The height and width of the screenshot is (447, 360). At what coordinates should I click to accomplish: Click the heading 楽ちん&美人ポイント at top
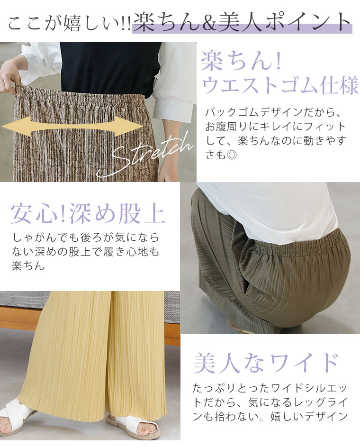pyautogui.click(x=242, y=22)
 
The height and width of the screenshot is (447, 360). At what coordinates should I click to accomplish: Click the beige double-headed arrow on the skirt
pyautogui.click(x=72, y=126)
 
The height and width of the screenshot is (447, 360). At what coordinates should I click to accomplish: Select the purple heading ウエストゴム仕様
pyautogui.click(x=280, y=85)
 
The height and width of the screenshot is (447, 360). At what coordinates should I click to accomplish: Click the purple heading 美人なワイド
pyautogui.click(x=266, y=363)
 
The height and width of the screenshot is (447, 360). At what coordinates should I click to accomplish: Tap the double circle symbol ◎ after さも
pyautogui.click(x=232, y=155)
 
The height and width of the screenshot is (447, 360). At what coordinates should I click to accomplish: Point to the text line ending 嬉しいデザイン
pyautogui.click(x=270, y=417)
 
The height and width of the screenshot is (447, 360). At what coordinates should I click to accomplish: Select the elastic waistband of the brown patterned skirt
pyautogui.click(x=82, y=95)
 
